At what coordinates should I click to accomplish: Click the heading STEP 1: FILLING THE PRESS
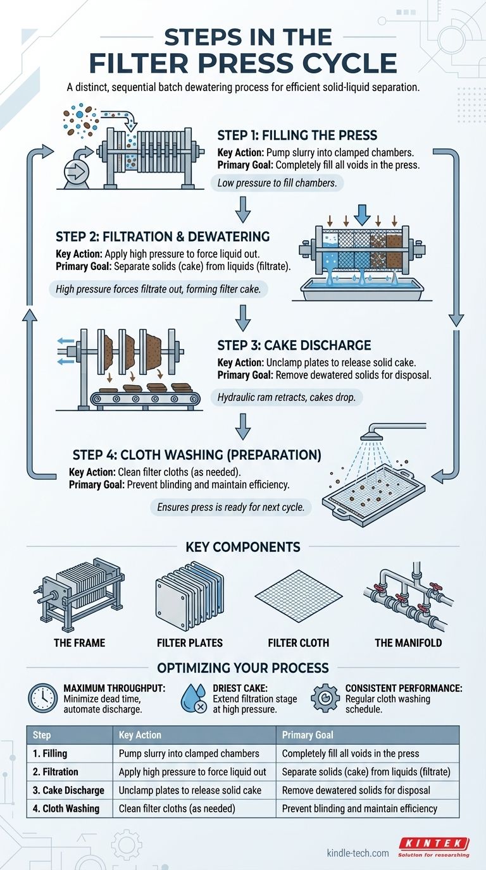(297, 135)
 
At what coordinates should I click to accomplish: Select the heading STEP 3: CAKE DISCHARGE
(294, 346)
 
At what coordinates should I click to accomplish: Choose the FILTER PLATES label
(189, 642)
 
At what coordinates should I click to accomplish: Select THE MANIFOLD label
(408, 642)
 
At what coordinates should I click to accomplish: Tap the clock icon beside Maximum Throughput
(42, 698)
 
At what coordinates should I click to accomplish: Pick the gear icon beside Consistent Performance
(325, 698)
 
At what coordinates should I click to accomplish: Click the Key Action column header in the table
(140, 735)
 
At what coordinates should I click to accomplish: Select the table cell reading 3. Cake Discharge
(70, 790)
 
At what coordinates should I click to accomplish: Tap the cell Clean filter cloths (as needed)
(177, 809)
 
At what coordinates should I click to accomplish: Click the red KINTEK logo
(433, 843)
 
